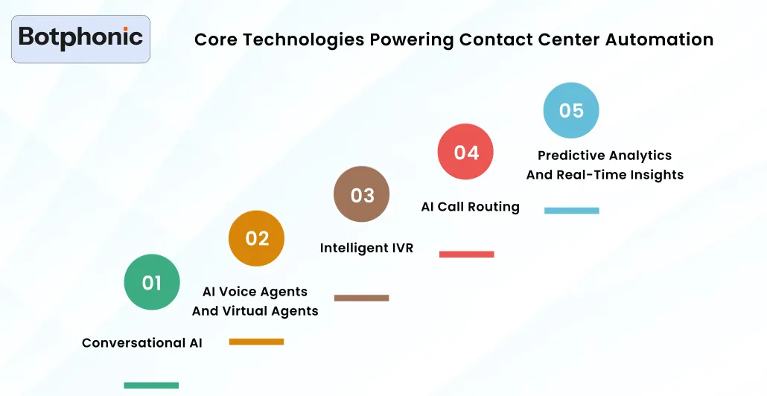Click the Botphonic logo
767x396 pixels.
80,38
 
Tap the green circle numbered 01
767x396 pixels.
152,282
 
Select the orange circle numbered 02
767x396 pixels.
256,238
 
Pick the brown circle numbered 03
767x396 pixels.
361,194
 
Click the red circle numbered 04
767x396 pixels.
465,152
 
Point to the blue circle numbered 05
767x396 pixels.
570,110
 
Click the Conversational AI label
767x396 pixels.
142,343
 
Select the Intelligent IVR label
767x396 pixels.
366,248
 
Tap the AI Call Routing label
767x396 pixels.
470,206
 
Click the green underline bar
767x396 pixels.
151,385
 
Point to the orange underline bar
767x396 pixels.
256,342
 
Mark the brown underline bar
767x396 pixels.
361,298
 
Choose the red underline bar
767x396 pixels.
466,254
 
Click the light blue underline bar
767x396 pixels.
571,211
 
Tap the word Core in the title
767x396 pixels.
212,39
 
